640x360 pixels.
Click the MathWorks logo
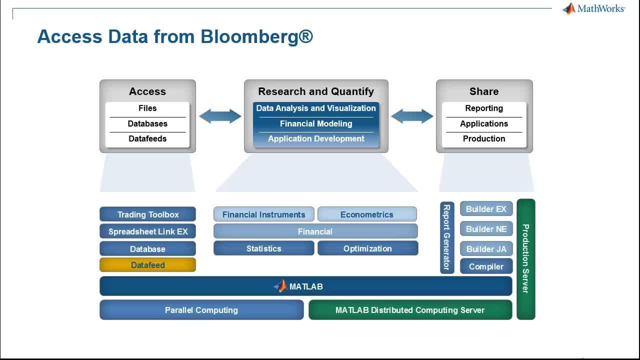click(x=593, y=8)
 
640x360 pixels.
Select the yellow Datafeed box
click(x=147, y=265)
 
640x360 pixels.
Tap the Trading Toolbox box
click(x=147, y=214)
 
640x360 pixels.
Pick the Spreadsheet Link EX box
click(x=147, y=231)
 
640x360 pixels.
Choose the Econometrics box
click(x=367, y=214)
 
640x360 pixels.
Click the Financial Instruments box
click(x=263, y=214)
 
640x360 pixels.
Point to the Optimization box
click(x=367, y=248)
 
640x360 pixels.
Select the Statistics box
click(x=263, y=248)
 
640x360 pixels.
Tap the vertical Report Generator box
click(x=447, y=237)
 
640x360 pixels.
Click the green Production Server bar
click(x=525, y=258)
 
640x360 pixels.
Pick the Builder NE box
click(x=486, y=229)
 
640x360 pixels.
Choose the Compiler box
click(x=486, y=266)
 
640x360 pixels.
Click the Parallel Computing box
click(x=201, y=310)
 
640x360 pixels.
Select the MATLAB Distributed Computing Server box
click(x=410, y=310)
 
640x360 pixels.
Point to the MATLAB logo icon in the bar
click(x=280, y=286)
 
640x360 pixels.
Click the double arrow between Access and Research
click(x=220, y=116)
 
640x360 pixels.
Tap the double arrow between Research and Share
click(x=412, y=116)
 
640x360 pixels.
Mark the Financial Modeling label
click(x=316, y=123)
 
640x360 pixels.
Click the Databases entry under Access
click(x=147, y=123)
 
